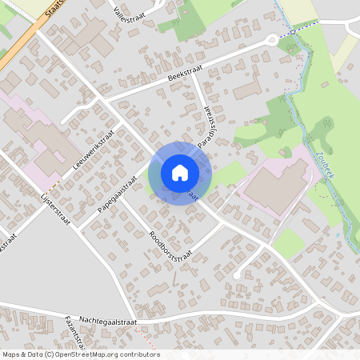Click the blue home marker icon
click(x=179, y=172)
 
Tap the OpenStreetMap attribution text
click(x=80, y=354)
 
